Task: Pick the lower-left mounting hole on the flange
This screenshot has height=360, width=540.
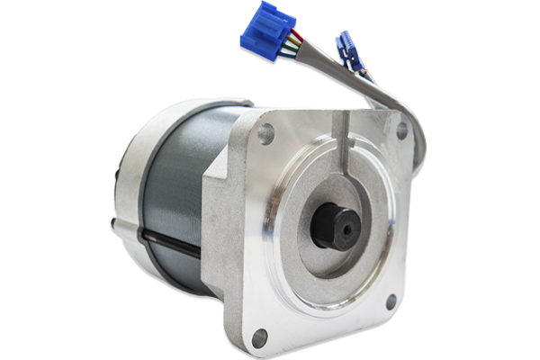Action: click(259, 338)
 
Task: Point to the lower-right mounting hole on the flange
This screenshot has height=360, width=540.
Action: click(391, 304)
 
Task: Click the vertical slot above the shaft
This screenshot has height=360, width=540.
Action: click(341, 144)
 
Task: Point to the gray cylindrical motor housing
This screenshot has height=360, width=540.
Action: click(175, 198)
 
